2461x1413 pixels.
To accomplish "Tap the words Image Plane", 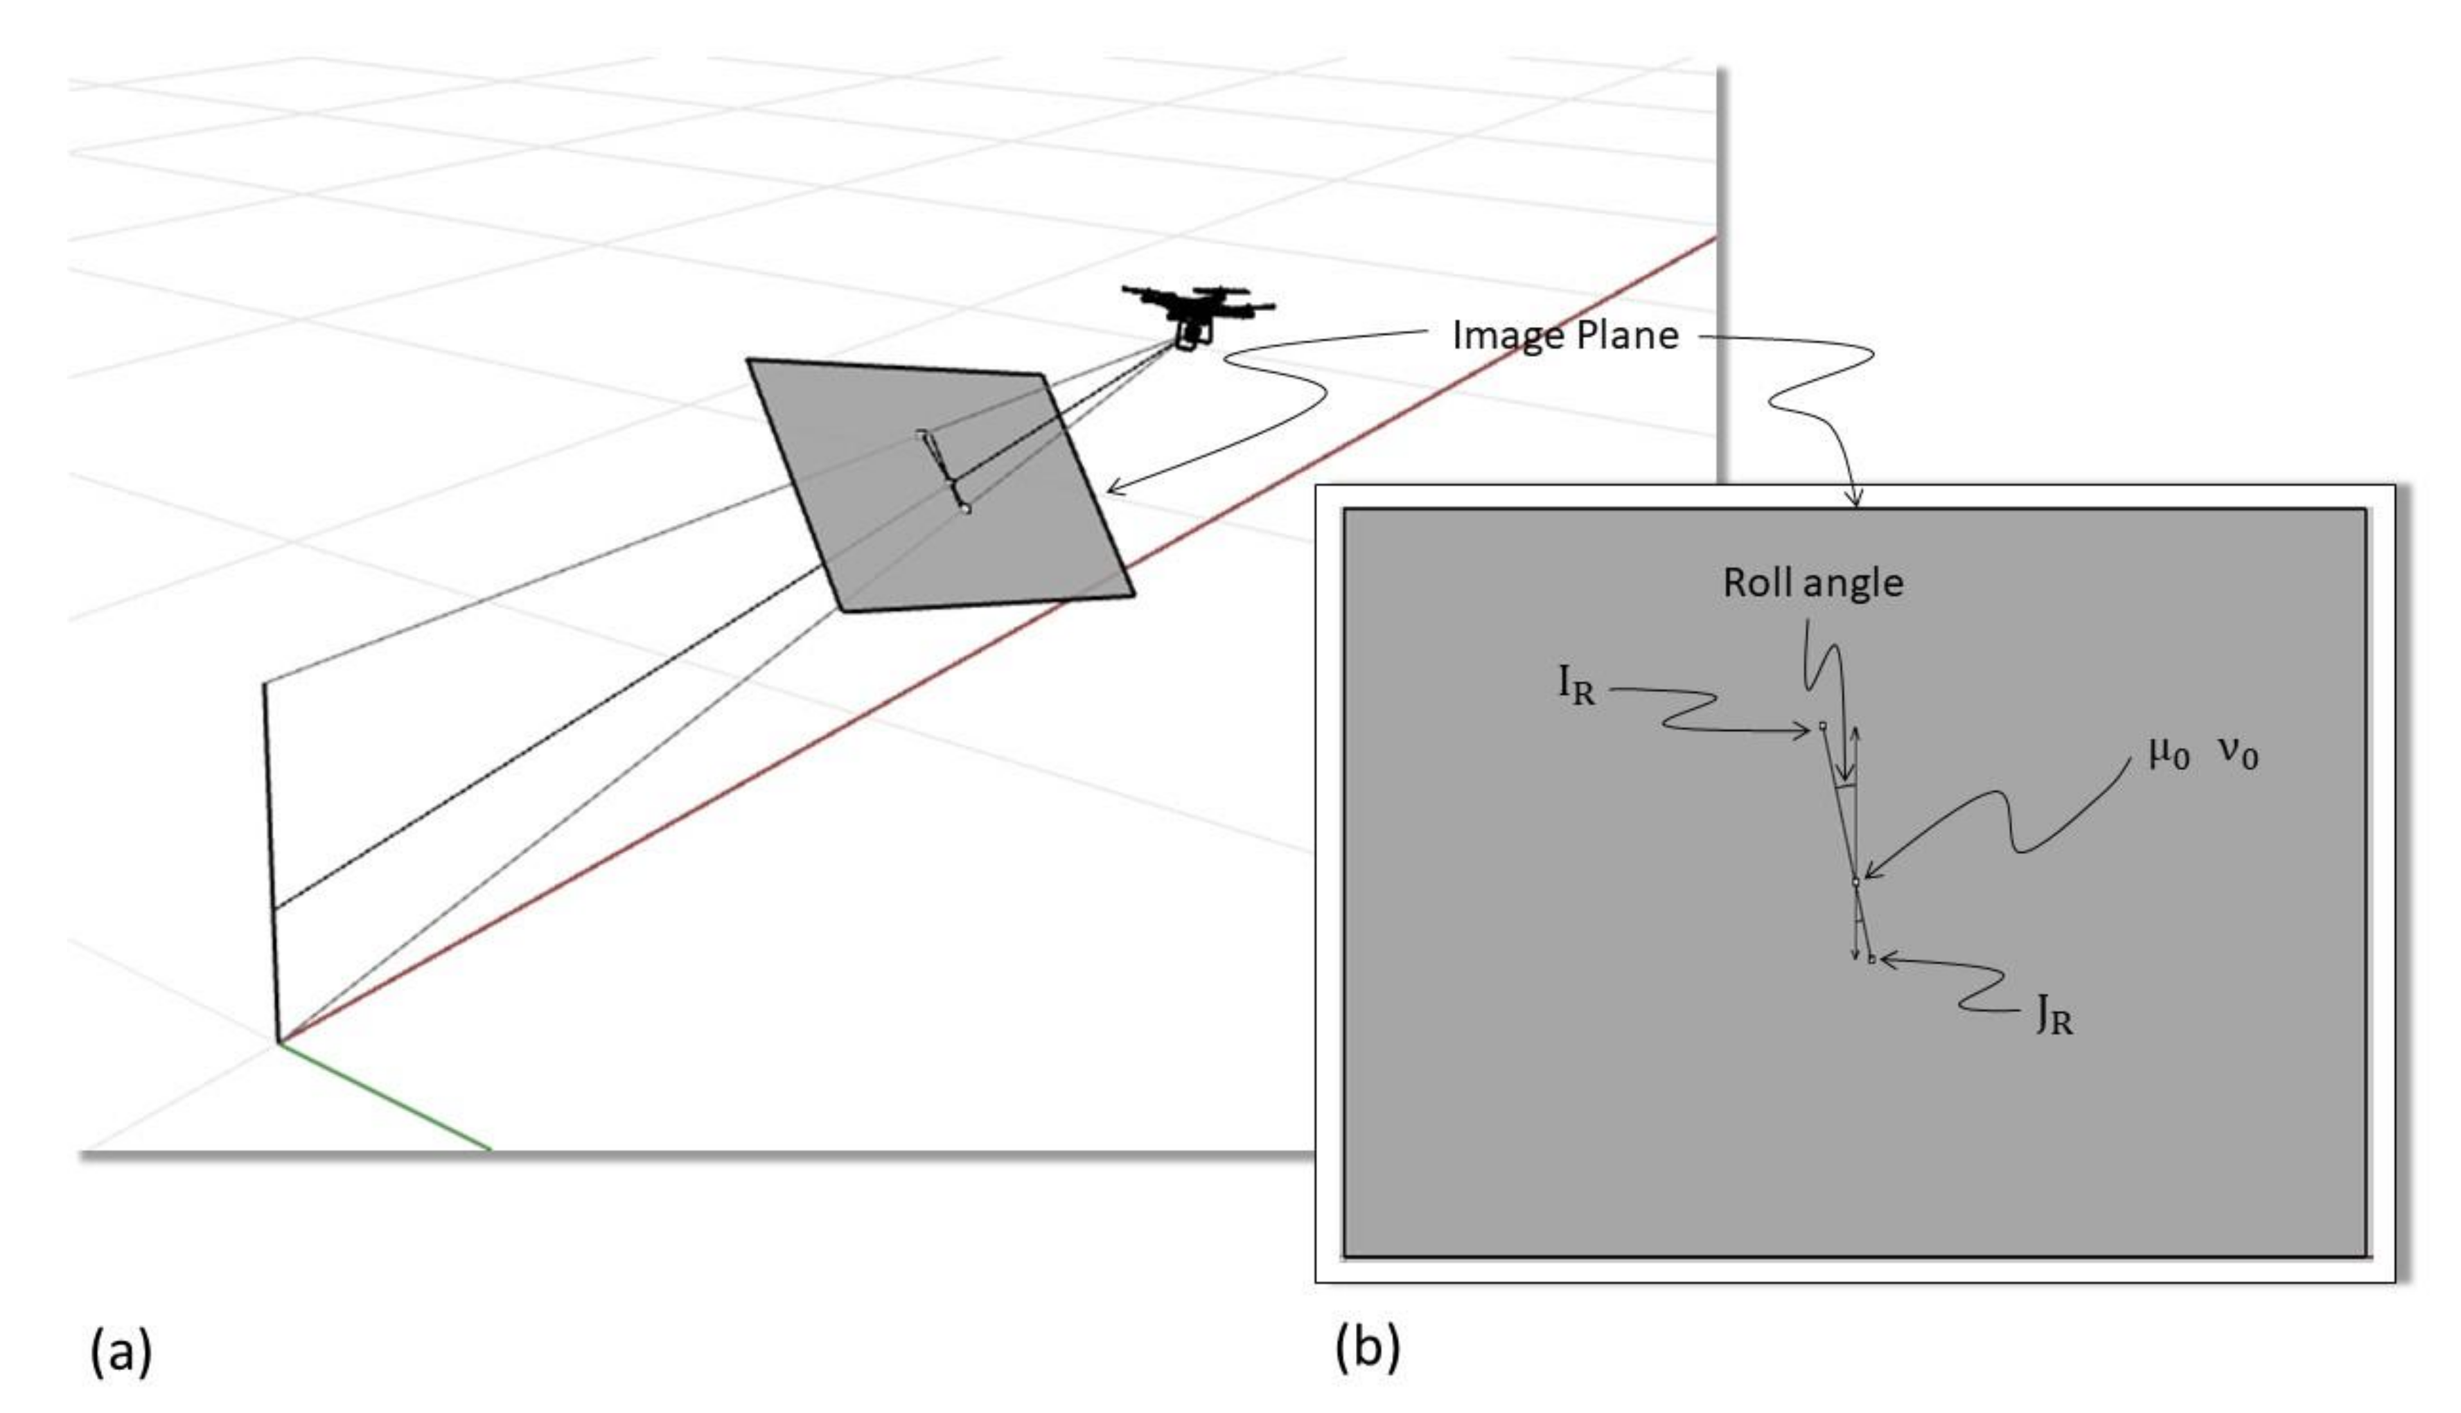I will [x=1564, y=336].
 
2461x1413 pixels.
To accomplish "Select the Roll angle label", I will [x=1812, y=583].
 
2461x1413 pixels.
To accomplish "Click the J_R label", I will [x=2054, y=1018].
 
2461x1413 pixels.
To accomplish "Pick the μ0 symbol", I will [x=2169, y=752].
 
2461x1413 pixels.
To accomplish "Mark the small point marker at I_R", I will [x=1822, y=725].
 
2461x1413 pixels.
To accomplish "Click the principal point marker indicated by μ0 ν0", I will [x=1855, y=882].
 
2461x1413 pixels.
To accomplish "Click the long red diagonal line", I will [x=971, y=660].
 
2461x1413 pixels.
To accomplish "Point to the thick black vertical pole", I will [x=271, y=864].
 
